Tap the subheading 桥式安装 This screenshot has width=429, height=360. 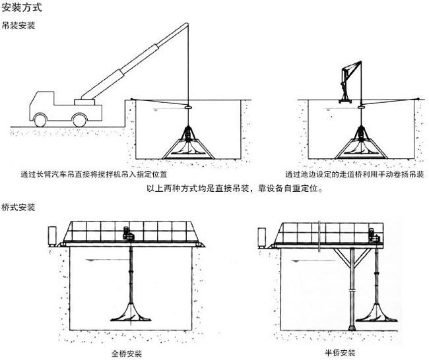pyautogui.click(x=18, y=207)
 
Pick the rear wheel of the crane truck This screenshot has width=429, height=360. pyautogui.click(x=79, y=120)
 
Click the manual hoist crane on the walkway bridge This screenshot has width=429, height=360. pyautogui.click(x=348, y=82)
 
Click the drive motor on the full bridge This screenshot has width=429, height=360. pyautogui.click(x=128, y=233)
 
